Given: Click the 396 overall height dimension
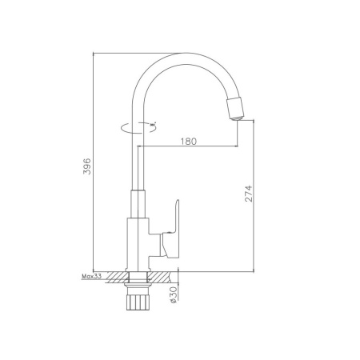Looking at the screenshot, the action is pyautogui.click(x=87, y=166).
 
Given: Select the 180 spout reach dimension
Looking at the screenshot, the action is pyautogui.click(x=189, y=141).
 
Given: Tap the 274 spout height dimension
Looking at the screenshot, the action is pyautogui.click(x=248, y=194).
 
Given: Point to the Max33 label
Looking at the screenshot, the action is pyautogui.click(x=91, y=276).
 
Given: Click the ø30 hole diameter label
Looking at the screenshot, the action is pyautogui.click(x=173, y=295).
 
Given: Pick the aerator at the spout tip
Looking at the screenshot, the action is pyautogui.click(x=235, y=108).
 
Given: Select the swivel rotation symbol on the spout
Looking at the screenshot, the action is pyautogui.click(x=138, y=127).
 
